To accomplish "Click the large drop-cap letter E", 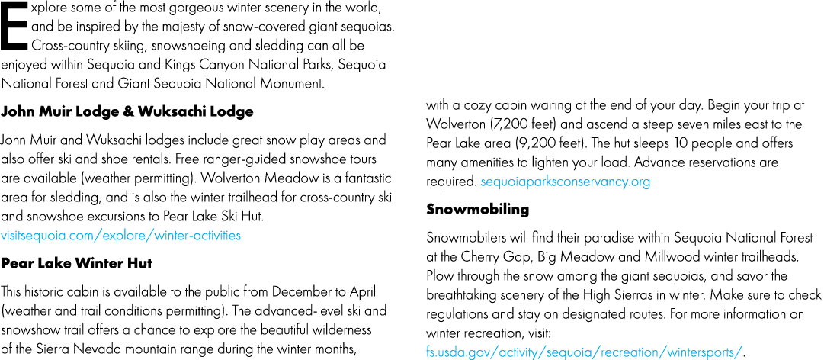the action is point(13,26).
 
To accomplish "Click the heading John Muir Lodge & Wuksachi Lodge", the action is point(127,112).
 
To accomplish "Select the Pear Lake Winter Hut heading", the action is point(77,263).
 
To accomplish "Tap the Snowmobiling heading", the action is point(478,209).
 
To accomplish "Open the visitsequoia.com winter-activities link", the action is point(121,236).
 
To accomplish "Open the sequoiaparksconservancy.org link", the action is point(566,182).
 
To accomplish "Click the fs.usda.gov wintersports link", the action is point(585,351).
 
